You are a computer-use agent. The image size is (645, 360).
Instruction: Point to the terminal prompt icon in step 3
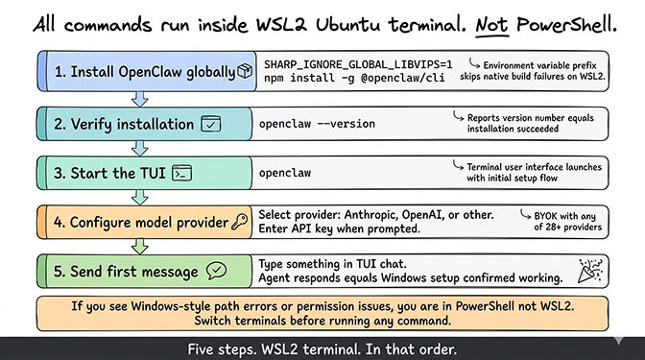pos(182,174)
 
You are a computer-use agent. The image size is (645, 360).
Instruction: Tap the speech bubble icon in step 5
pos(217,271)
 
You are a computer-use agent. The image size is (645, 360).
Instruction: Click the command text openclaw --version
pos(318,123)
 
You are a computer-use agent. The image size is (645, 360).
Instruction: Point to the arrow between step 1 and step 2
pos(141,98)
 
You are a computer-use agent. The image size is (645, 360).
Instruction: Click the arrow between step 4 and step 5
pos(141,247)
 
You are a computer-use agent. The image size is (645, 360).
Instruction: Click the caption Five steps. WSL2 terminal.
pos(322,348)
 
